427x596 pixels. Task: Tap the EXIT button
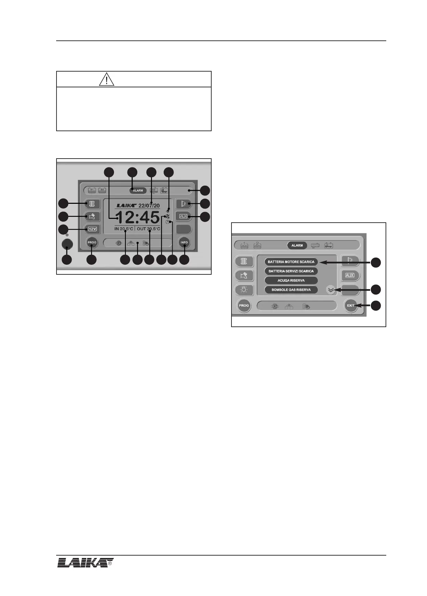click(x=351, y=306)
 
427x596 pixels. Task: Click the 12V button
click(x=92, y=229)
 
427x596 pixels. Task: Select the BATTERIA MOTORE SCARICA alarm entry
click(x=291, y=262)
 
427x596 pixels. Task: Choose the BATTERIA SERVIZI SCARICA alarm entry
click(x=291, y=271)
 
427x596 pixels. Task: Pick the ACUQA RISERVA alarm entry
click(x=291, y=280)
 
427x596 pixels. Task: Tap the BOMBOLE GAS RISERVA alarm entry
click(x=291, y=290)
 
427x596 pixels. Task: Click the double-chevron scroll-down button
click(x=330, y=290)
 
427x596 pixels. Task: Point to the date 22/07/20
click(x=149, y=206)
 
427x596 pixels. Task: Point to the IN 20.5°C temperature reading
click(x=124, y=229)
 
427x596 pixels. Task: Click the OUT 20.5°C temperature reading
click(x=148, y=229)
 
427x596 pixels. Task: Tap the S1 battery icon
click(x=92, y=190)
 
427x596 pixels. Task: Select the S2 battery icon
click(x=102, y=190)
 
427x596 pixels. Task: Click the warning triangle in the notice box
click(x=107, y=79)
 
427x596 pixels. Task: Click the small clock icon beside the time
click(x=167, y=222)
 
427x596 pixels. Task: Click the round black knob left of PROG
click(x=67, y=244)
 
